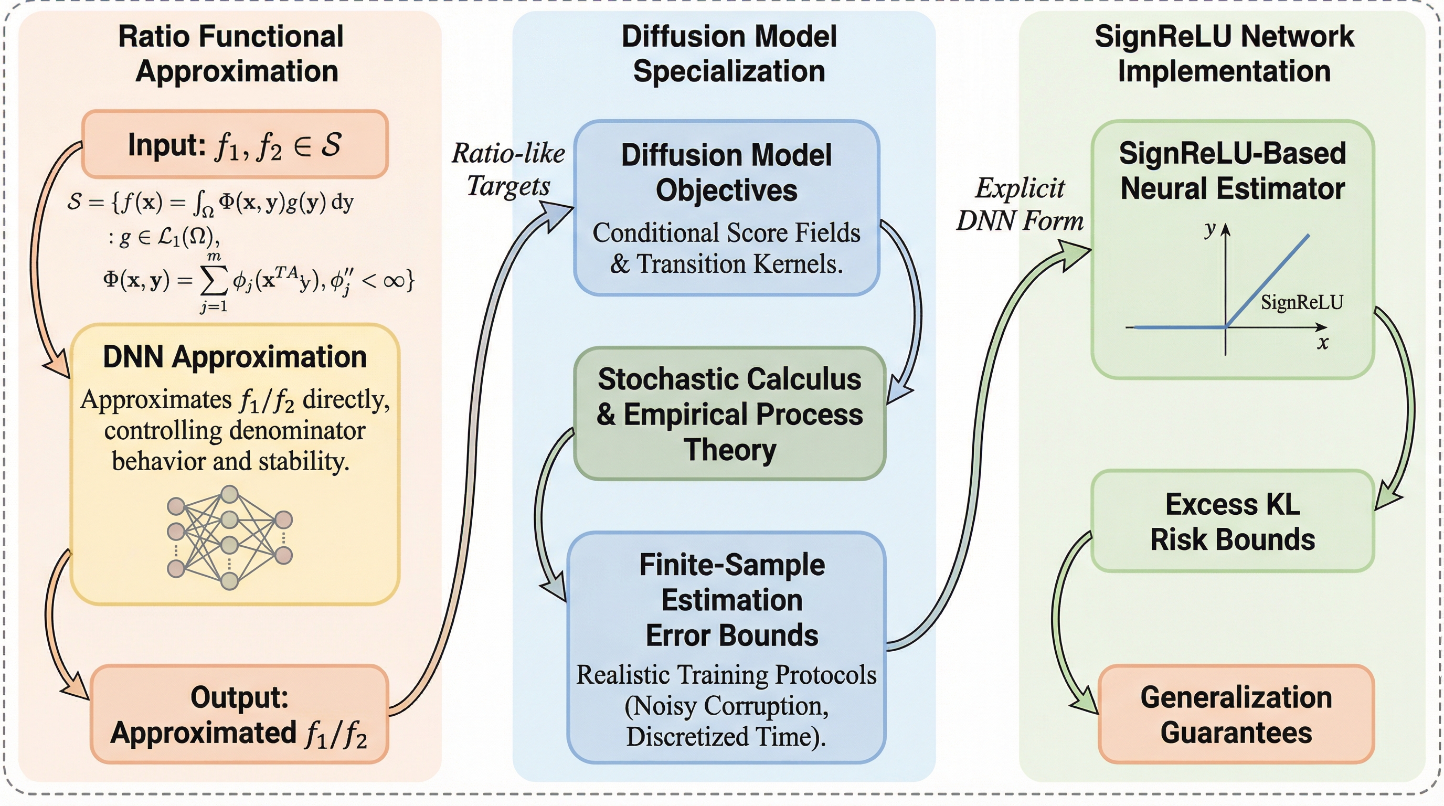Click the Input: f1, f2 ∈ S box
tap(235, 145)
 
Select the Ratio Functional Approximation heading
tap(231, 54)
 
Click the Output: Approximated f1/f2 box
tap(239, 714)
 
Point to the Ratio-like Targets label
tap(508, 169)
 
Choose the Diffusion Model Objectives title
tap(727, 173)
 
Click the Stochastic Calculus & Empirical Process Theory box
tap(729, 413)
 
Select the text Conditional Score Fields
tap(727, 232)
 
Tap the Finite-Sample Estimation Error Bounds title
tap(731, 600)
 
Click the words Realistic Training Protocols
tap(727, 675)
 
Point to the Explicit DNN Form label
tap(1020, 204)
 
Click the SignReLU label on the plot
tap(1302, 303)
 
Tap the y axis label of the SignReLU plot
tap(1211, 229)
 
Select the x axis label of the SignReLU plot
tap(1323, 343)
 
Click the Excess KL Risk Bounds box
tap(1233, 521)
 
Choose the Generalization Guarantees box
tap(1236, 714)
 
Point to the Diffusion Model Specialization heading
tap(729, 54)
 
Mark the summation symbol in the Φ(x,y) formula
tap(214, 281)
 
